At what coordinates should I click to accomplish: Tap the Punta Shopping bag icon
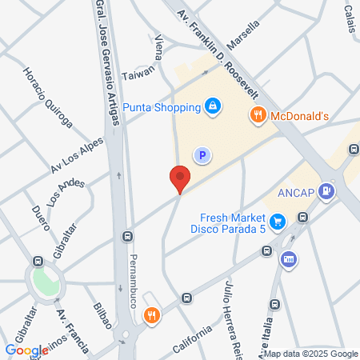(x=212, y=105)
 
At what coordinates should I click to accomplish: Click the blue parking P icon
(x=202, y=155)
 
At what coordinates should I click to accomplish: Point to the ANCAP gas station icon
(x=326, y=191)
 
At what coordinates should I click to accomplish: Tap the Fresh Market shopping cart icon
(x=277, y=220)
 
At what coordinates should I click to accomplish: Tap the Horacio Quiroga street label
(x=48, y=96)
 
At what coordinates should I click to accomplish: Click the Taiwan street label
(x=138, y=76)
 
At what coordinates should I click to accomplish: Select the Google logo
(x=26, y=350)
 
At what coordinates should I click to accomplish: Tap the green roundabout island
(x=46, y=280)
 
